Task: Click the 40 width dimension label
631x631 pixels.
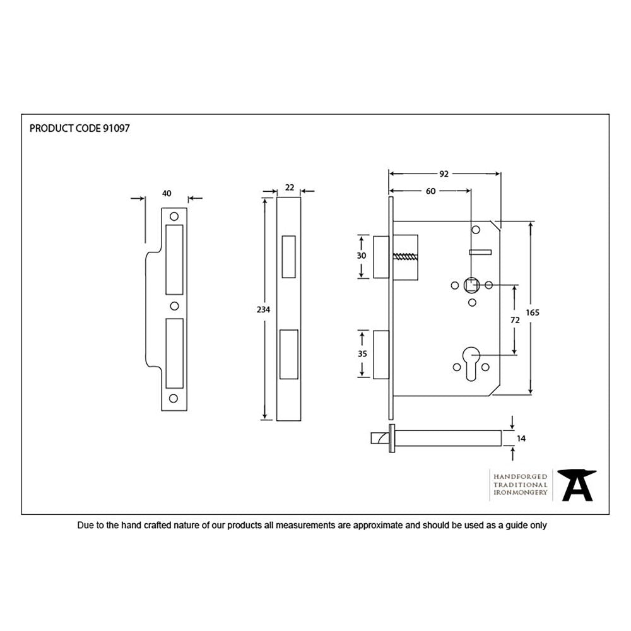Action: pos(167,193)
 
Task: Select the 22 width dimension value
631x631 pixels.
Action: pos(290,187)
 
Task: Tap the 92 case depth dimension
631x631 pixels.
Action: pos(444,174)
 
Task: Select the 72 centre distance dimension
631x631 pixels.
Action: pos(515,320)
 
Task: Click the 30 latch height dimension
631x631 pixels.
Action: pos(362,256)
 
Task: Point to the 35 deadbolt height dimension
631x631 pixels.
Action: pos(362,354)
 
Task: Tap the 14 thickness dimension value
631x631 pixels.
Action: pos(521,438)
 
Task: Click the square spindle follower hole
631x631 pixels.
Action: pos(471,285)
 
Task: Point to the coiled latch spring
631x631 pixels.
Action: pos(406,257)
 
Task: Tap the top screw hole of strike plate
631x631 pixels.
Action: pos(174,216)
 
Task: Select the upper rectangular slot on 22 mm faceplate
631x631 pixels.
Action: pos(289,256)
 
